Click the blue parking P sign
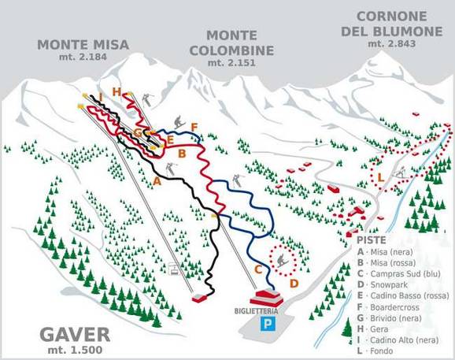(269, 324)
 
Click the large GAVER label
(60, 331)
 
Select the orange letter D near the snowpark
(293, 283)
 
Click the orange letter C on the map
(257, 269)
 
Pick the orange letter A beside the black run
(156, 181)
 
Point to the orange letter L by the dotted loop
(380, 176)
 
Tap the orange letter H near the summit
(117, 92)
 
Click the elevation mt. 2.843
(391, 43)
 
